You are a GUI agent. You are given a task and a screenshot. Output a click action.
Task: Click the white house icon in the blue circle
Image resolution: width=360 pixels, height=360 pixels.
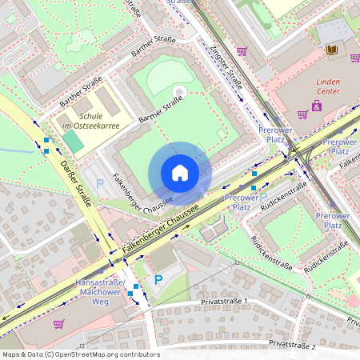[x=180, y=173]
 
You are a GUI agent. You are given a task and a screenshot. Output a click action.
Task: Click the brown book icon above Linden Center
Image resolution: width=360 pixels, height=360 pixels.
[x=331, y=50]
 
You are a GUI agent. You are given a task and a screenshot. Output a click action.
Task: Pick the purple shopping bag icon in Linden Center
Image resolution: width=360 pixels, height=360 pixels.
[x=318, y=106]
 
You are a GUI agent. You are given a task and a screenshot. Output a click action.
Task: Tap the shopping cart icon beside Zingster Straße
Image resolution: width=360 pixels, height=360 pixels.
[x=242, y=51]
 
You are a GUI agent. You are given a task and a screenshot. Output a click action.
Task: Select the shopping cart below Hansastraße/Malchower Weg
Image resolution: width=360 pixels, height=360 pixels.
[x=58, y=324]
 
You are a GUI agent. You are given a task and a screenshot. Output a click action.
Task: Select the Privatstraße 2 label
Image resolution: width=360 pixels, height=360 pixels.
[x=293, y=344]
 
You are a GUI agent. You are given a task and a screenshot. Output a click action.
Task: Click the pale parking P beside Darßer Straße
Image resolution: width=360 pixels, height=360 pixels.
[x=100, y=184]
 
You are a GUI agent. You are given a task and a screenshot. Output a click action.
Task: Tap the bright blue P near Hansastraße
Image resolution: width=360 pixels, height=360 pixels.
[x=158, y=280]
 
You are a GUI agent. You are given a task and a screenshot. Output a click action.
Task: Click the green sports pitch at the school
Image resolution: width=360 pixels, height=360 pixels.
[x=72, y=142]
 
